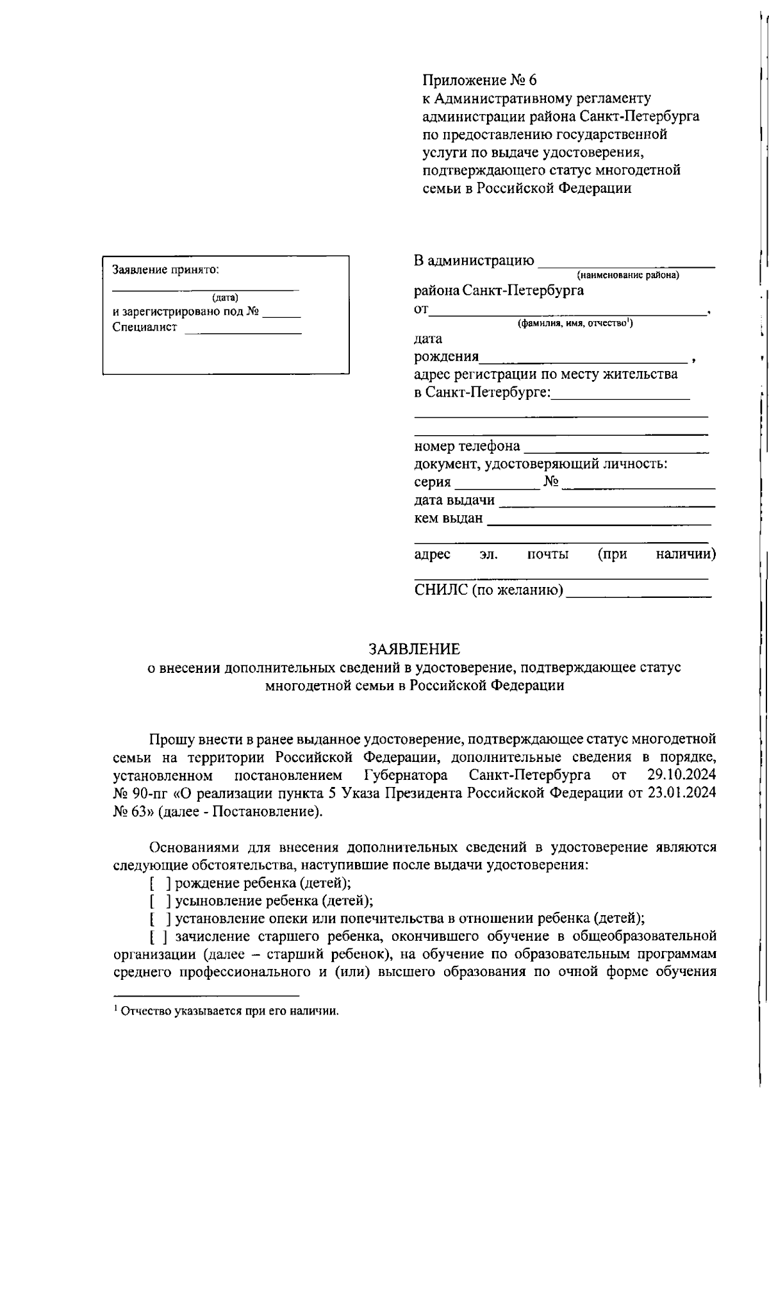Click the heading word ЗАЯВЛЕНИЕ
[413, 649]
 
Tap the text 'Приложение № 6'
[479, 81]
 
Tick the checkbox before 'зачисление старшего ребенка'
[158, 936]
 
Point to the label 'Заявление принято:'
[165, 270]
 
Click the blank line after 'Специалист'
[243, 328]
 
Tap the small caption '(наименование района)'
[627, 276]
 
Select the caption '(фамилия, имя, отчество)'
[575, 324]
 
